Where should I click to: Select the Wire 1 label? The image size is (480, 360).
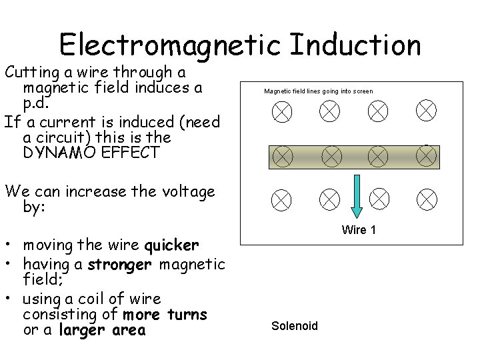click(x=359, y=230)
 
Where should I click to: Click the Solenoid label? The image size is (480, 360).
click(x=295, y=326)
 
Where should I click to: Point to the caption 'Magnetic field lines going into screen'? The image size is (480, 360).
click(x=318, y=91)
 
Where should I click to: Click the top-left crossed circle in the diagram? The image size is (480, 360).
click(x=283, y=112)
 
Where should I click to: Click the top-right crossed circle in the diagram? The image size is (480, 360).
click(x=427, y=112)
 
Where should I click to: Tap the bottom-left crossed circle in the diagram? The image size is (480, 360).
click(x=283, y=198)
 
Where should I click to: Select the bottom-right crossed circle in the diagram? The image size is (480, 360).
click(x=427, y=198)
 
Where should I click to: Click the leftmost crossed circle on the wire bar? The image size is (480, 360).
click(x=283, y=156)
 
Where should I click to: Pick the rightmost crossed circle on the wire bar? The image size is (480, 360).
click(x=427, y=156)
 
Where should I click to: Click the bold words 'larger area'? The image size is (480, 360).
click(x=102, y=330)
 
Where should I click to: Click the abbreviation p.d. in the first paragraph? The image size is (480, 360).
click(x=35, y=104)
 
